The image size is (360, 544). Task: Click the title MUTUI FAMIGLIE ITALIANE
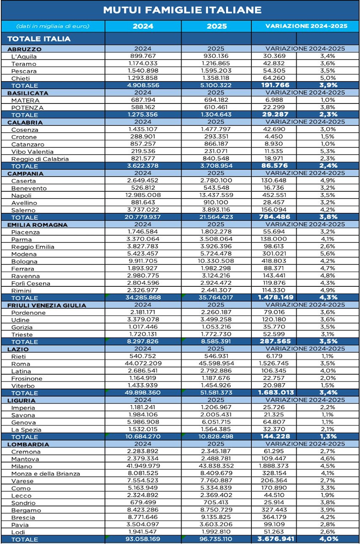[182, 10]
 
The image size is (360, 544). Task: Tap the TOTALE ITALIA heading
[39, 39]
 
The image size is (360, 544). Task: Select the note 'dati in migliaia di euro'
[53, 26]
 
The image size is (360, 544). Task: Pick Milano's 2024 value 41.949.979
[143, 466]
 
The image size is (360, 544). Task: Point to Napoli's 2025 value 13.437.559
[216, 195]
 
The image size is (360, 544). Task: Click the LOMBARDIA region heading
[28, 444]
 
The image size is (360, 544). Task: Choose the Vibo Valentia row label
[32, 152]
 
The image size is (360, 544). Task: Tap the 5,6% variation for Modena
[327, 254]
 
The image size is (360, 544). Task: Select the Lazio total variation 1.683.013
[276, 393]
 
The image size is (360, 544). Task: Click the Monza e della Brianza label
[46, 474]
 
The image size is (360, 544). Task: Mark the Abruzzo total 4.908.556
[143, 85]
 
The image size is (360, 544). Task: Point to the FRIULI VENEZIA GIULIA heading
[46, 306]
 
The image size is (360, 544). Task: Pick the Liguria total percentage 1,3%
[328, 437]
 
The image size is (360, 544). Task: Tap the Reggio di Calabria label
[40, 159]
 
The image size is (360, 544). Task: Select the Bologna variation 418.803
[274, 261]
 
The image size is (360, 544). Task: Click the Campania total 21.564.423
[216, 217]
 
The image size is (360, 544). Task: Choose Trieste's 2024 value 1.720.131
[143, 334]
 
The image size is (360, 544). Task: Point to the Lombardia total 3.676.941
[276, 539]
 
